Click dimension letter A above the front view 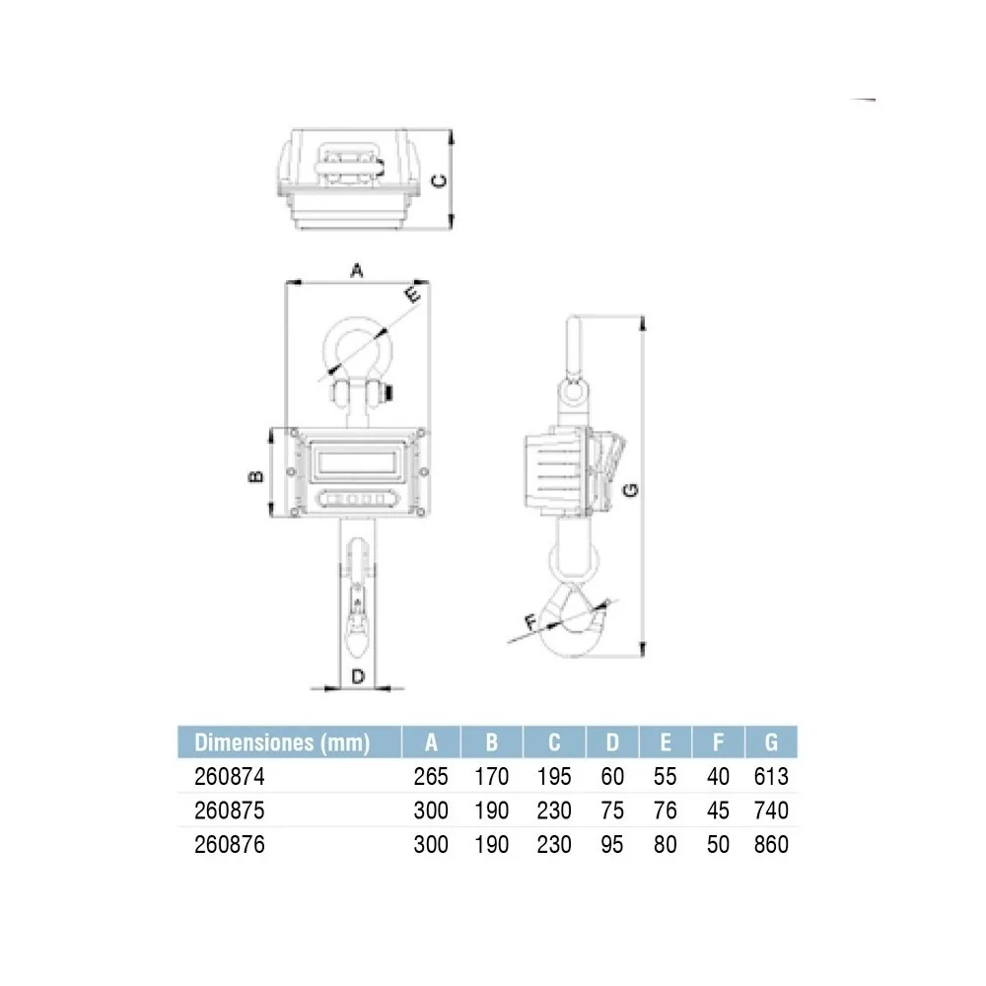(357, 270)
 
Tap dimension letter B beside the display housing (256, 476)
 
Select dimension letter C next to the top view (440, 180)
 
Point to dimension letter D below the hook (358, 676)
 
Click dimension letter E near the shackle (411, 294)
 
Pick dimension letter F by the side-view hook (531, 622)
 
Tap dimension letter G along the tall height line (630, 489)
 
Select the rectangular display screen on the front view (357, 461)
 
